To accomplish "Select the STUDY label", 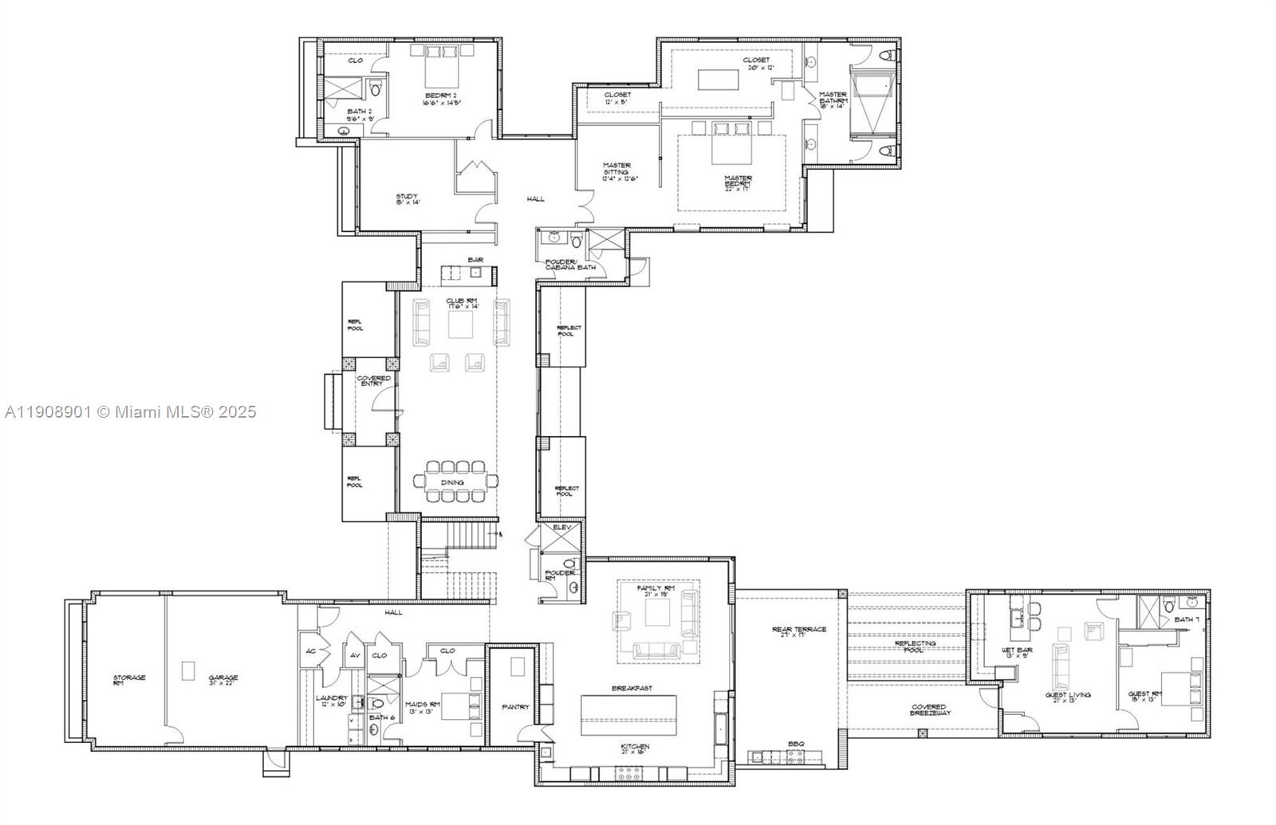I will click(408, 197).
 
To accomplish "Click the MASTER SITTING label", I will click(616, 168).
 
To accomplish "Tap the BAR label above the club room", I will click(475, 260).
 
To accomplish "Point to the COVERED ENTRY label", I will click(373, 381).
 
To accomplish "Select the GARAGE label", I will click(223, 678).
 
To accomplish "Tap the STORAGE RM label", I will click(129, 679).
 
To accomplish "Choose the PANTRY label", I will click(515, 706).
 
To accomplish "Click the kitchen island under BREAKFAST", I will click(628, 714).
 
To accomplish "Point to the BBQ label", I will click(795, 744).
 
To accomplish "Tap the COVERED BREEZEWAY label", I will click(928, 709).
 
